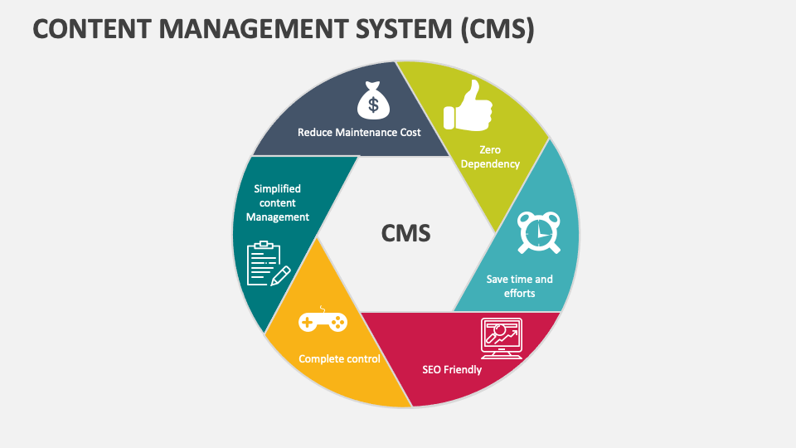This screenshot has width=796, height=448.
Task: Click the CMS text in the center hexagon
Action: pyautogui.click(x=406, y=234)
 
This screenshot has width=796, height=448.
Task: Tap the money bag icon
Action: pyautogui.click(x=372, y=100)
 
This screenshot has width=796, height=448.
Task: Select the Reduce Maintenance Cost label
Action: pyautogui.click(x=359, y=132)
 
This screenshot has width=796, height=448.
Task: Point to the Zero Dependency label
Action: pyautogui.click(x=490, y=157)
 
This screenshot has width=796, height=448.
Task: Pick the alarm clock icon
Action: pyautogui.click(x=538, y=232)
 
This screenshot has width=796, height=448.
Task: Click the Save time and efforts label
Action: pyautogui.click(x=519, y=285)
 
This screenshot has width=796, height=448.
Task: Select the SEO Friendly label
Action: pyautogui.click(x=452, y=369)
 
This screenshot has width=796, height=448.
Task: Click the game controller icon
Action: pyautogui.click(x=323, y=321)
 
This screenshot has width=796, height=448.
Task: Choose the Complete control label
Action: pyautogui.click(x=339, y=359)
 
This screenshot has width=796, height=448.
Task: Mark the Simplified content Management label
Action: pyautogui.click(x=278, y=203)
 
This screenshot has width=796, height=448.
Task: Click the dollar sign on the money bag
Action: pyautogui.click(x=372, y=105)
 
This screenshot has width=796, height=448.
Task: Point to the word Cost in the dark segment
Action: pyautogui.click(x=408, y=132)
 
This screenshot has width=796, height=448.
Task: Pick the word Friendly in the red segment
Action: pyautogui.click(x=463, y=369)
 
